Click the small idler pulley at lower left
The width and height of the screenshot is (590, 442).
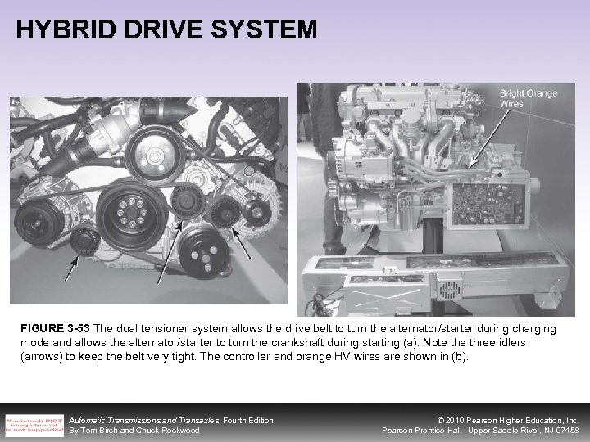[x=81, y=241]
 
